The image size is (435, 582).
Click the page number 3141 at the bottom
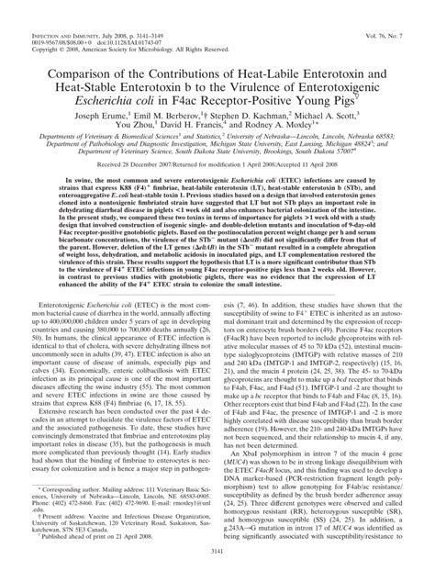click(x=217, y=575)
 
